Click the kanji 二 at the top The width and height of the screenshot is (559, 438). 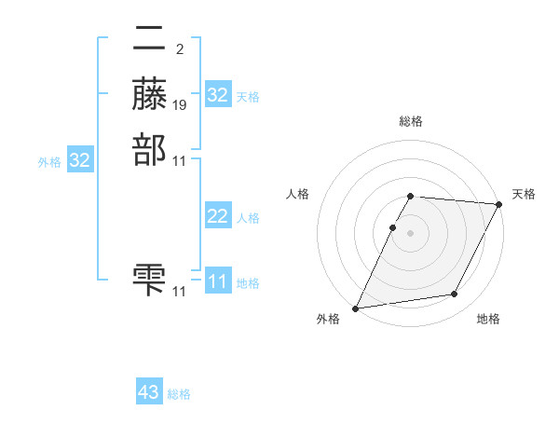(x=150, y=39)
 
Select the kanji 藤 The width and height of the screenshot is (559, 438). (x=150, y=94)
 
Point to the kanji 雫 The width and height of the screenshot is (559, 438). (x=150, y=280)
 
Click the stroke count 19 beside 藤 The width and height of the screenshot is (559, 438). (x=180, y=104)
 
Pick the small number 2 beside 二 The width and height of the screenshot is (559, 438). (x=179, y=49)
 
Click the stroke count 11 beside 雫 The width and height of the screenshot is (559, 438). (x=180, y=291)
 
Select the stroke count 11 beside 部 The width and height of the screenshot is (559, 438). (x=180, y=160)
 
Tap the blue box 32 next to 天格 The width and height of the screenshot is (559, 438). (x=218, y=95)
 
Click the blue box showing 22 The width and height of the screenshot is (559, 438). (x=218, y=216)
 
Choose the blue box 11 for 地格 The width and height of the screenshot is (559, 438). (x=218, y=281)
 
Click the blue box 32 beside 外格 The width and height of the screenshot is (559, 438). (x=80, y=160)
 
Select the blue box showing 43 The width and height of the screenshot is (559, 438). (x=149, y=392)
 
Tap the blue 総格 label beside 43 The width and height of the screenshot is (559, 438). (x=179, y=394)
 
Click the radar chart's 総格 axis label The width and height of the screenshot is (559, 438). (x=411, y=121)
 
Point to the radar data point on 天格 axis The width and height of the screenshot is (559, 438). (x=499, y=204)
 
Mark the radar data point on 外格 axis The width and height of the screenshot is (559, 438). (x=356, y=308)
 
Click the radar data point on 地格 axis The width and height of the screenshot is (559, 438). (x=455, y=294)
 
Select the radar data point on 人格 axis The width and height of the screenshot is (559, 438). (x=393, y=227)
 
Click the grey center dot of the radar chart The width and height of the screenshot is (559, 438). (x=411, y=233)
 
